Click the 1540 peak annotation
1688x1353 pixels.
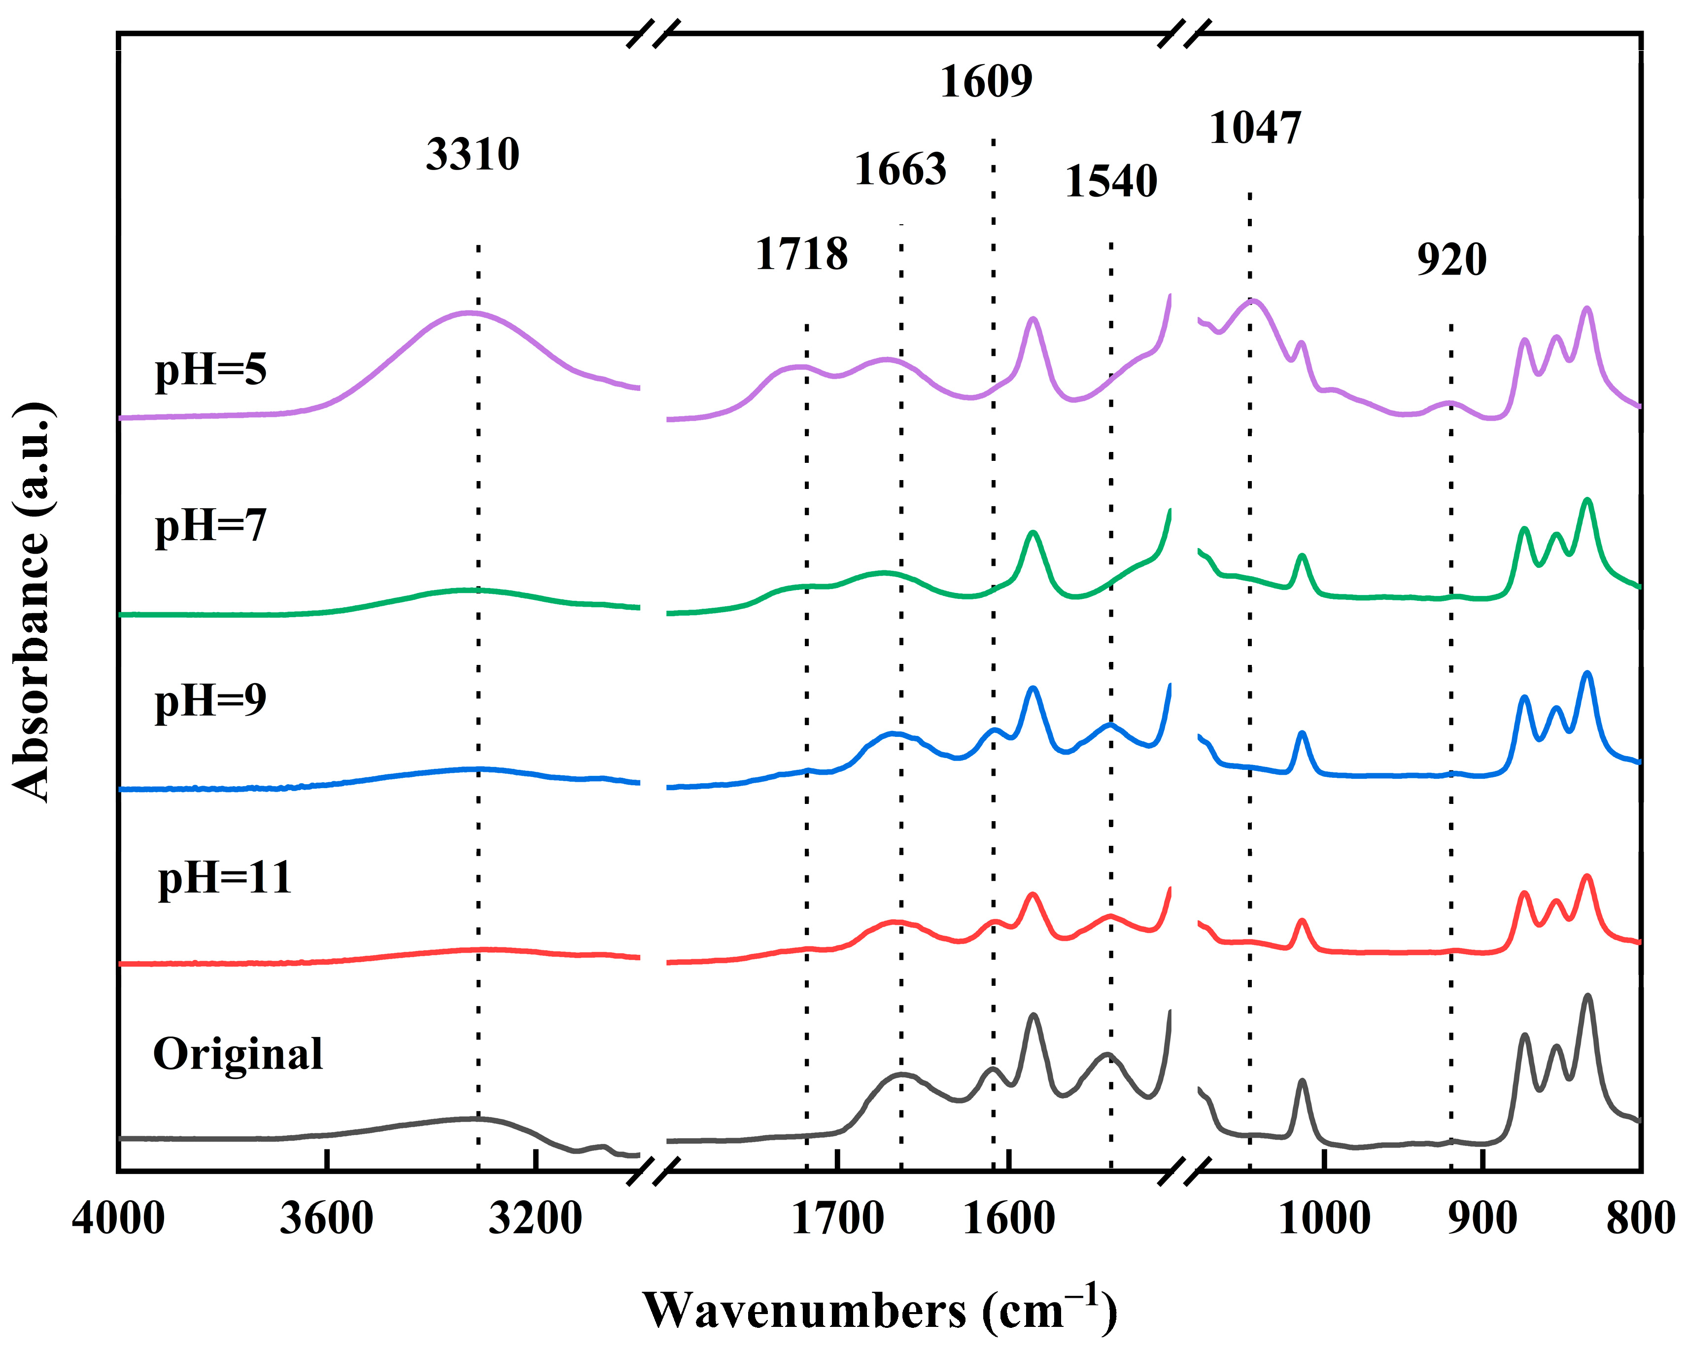pyautogui.click(x=1110, y=182)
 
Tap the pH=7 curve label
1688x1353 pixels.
pyautogui.click(x=210, y=525)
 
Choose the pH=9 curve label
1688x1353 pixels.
pyautogui.click(x=210, y=700)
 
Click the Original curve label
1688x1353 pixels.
pyautogui.click(x=237, y=1054)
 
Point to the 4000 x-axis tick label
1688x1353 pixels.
pyautogui.click(x=118, y=1219)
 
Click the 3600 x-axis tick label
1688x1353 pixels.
pyautogui.click(x=326, y=1219)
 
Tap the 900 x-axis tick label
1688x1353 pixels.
pyautogui.click(x=1482, y=1219)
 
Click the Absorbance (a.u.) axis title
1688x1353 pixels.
pyautogui.click(x=33, y=602)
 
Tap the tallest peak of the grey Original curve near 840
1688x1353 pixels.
pyautogui.click(x=1588, y=996)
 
